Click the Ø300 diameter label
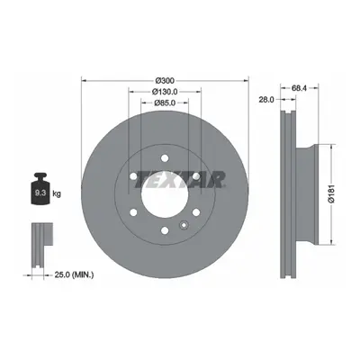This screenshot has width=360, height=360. point(165,81)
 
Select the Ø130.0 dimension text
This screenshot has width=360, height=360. point(165,91)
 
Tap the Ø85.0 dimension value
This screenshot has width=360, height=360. point(165,103)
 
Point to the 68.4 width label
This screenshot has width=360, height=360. point(300,88)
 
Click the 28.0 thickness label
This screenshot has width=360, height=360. point(266,100)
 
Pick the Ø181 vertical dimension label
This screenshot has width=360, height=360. point(331,194)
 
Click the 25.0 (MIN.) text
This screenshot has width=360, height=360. point(74,274)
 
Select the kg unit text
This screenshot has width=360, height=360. point(57,193)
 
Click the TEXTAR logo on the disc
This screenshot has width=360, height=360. point(180,180)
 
